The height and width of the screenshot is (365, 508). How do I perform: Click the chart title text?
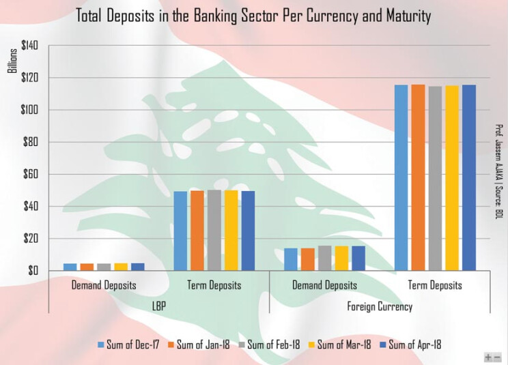click(x=253, y=16)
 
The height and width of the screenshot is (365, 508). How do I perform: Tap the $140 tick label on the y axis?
click(x=29, y=46)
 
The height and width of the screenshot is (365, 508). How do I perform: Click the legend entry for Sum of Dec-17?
click(x=129, y=345)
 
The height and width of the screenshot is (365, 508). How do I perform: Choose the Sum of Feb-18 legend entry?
click(x=271, y=345)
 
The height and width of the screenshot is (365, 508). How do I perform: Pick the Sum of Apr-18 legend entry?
click(x=411, y=345)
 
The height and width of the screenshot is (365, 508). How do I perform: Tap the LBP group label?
click(x=159, y=307)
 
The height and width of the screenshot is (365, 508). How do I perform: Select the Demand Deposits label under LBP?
click(x=104, y=285)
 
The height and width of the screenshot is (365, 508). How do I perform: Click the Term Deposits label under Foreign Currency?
click(x=435, y=285)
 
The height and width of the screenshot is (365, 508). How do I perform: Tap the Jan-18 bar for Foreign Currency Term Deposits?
click(x=419, y=177)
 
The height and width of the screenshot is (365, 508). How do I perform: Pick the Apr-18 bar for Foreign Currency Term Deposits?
click(x=468, y=177)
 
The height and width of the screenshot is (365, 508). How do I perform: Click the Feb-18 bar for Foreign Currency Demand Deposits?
click(x=324, y=259)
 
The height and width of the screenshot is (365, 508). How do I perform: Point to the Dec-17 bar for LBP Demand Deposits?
click(x=70, y=267)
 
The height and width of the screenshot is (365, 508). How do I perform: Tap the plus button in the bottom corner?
click(x=488, y=357)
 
